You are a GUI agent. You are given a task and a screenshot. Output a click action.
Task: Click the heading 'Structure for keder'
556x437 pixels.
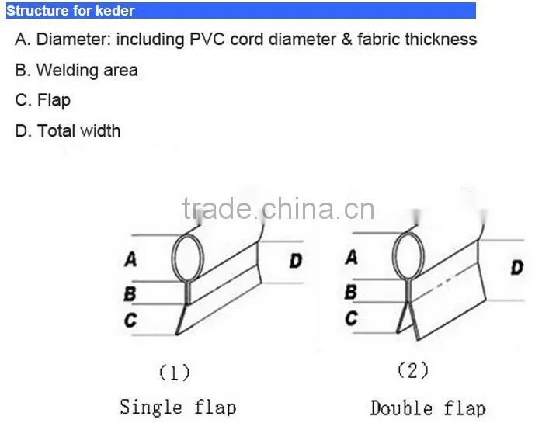point(71,11)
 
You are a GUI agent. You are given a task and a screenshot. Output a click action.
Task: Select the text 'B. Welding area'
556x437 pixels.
point(76,70)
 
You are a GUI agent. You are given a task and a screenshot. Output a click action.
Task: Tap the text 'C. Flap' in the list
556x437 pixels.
point(43,100)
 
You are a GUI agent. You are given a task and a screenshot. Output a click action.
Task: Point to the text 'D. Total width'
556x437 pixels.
point(68,130)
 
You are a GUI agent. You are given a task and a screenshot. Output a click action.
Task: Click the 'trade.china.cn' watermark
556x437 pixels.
point(278,209)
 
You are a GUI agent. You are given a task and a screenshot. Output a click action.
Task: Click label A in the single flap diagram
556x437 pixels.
point(130,259)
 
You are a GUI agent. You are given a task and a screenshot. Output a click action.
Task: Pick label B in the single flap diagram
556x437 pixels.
point(130,294)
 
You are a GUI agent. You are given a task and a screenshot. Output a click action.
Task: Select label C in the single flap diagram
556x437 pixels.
point(130,320)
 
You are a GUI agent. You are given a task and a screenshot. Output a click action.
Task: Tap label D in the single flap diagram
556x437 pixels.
point(296,262)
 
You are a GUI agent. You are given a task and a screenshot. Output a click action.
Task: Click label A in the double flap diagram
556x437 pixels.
point(351,257)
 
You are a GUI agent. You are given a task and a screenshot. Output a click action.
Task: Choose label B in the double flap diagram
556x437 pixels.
point(351,292)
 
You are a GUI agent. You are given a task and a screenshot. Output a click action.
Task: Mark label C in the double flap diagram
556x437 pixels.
point(351,318)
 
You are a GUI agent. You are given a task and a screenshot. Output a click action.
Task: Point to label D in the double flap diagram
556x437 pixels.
point(516,267)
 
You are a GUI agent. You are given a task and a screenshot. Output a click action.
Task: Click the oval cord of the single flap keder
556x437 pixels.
point(172,258)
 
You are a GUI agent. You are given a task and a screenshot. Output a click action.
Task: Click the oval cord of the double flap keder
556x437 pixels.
point(393,256)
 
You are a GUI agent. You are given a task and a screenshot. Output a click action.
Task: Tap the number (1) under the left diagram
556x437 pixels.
point(174,373)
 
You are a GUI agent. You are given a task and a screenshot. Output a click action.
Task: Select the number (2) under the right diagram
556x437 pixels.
point(413,371)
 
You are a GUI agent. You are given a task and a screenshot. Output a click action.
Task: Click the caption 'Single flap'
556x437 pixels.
point(178,407)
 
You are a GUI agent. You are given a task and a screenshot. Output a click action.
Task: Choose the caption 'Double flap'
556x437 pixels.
point(428,408)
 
